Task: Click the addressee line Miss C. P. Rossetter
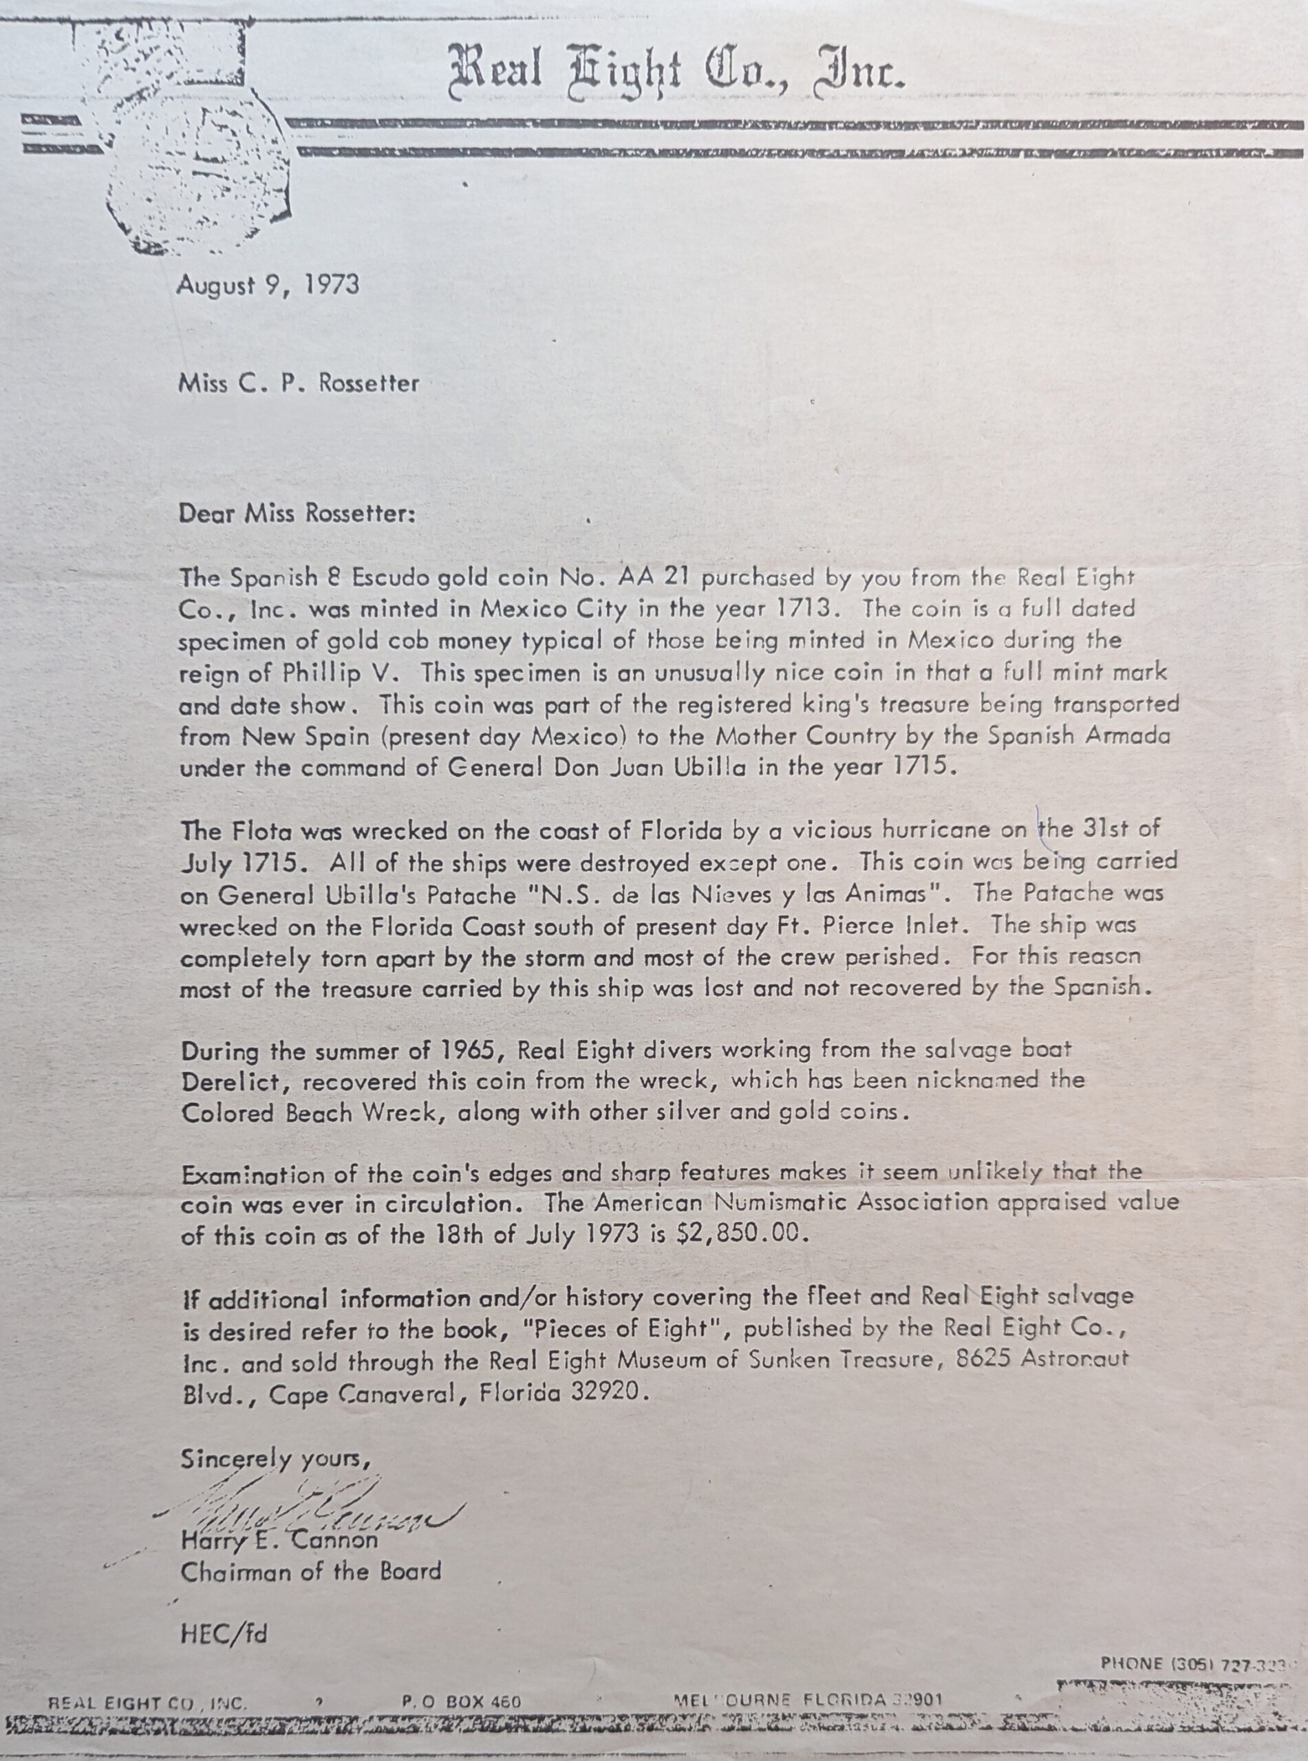pos(299,384)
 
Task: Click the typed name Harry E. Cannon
pos(279,1540)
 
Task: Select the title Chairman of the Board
pos(310,1572)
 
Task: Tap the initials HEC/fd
pos(224,1634)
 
